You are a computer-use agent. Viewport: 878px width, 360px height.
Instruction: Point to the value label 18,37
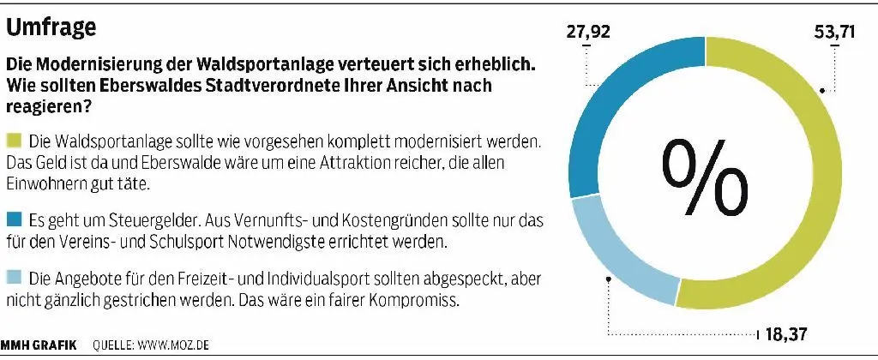(x=783, y=333)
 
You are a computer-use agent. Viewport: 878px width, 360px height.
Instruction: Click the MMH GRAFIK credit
(x=39, y=345)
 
